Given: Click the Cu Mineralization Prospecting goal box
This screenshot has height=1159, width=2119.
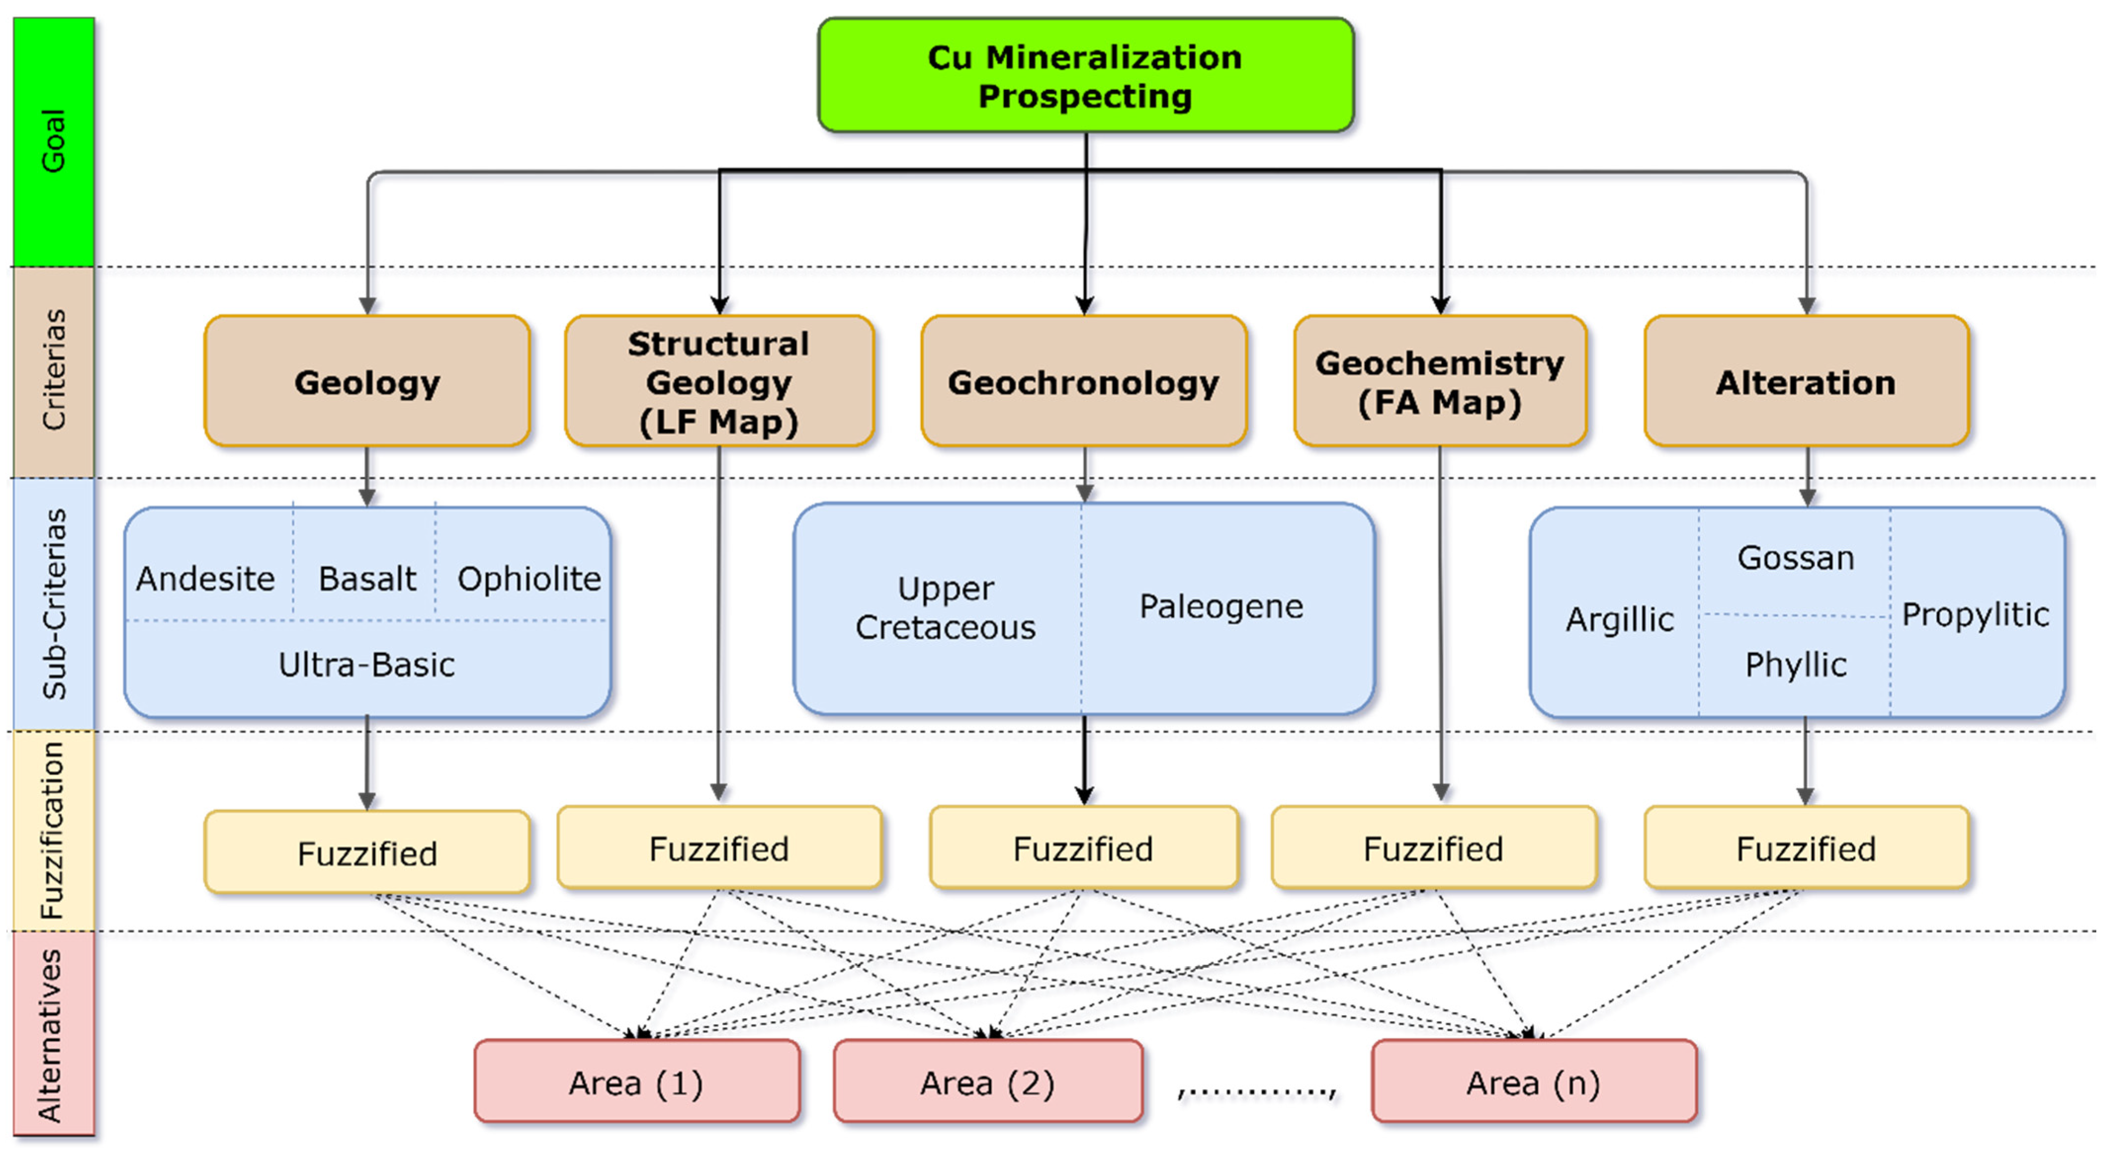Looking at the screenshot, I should [x=1085, y=76].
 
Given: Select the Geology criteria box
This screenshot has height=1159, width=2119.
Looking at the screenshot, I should [x=367, y=382].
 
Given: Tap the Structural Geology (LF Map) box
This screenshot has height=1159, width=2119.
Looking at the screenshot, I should [x=719, y=382].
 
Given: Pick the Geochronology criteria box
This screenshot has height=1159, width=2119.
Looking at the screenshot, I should [x=1083, y=382].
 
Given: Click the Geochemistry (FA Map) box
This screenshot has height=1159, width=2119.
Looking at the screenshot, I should [x=1440, y=382].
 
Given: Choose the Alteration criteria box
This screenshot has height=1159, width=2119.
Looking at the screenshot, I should [x=1806, y=382].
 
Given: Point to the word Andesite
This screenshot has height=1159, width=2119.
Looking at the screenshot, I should [x=206, y=579].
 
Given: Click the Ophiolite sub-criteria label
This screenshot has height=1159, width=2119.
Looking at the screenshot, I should [x=529, y=579].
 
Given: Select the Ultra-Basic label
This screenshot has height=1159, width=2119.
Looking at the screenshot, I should [x=367, y=664].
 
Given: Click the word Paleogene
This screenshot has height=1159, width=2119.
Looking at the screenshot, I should [x=1221, y=606].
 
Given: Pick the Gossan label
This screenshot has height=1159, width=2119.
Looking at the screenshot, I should [x=1796, y=558].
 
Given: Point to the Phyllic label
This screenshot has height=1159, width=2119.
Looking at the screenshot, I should [x=1796, y=664].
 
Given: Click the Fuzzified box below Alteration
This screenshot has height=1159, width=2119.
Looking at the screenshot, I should [x=1806, y=848].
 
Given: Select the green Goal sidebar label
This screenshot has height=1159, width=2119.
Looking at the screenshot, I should [x=53, y=141].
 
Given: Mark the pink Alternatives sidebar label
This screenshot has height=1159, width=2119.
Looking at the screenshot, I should [x=51, y=1035].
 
